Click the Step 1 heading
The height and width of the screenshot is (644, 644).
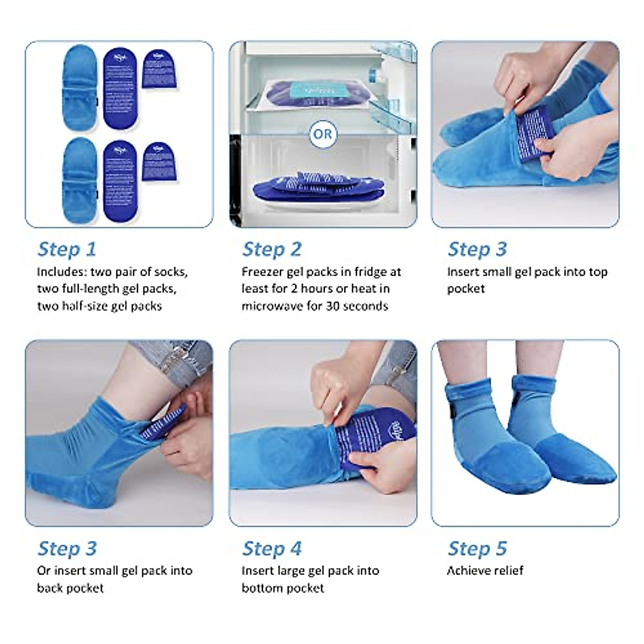click(67, 249)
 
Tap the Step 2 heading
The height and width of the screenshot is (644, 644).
click(272, 249)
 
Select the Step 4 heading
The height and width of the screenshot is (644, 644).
click(272, 548)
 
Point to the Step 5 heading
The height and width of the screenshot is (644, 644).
click(477, 548)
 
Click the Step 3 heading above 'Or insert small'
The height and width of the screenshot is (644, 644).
click(67, 548)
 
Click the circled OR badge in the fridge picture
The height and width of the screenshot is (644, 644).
click(323, 134)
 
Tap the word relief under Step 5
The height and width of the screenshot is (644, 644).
click(507, 570)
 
